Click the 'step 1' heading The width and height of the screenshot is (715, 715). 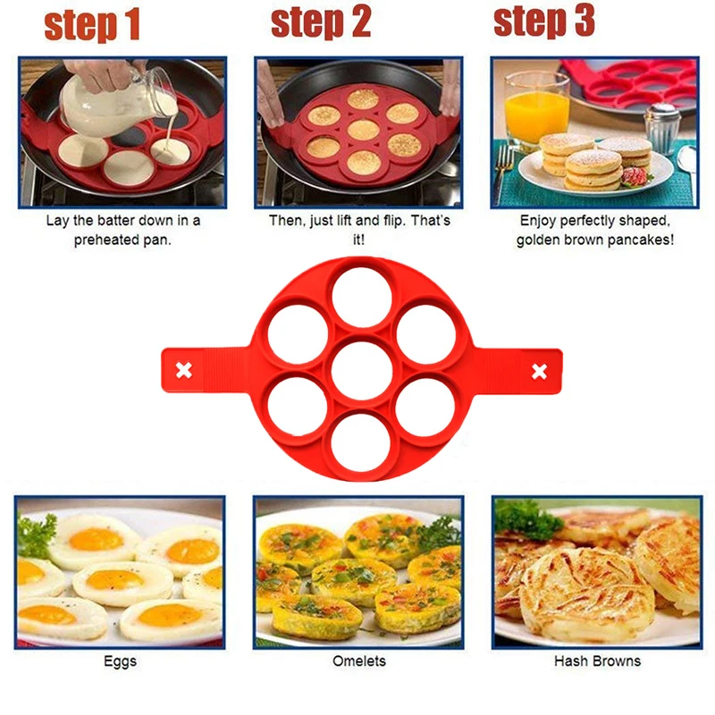[92, 25]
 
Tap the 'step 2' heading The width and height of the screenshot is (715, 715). [321, 23]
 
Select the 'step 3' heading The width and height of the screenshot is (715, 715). [544, 21]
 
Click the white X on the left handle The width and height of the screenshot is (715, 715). [184, 370]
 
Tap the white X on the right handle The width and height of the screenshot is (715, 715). [540, 371]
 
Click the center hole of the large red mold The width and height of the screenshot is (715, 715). [362, 370]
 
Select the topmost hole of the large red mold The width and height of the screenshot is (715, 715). [362, 298]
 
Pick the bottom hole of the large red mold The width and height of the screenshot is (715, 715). [360, 442]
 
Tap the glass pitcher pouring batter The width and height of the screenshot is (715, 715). [119, 105]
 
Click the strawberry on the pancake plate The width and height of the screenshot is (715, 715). [635, 176]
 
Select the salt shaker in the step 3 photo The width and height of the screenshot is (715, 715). [662, 129]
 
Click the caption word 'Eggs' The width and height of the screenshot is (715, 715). [120, 661]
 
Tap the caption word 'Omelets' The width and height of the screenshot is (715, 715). [359, 660]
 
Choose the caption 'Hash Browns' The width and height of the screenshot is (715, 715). [597, 660]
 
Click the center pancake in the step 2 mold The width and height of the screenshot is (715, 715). [363, 130]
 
